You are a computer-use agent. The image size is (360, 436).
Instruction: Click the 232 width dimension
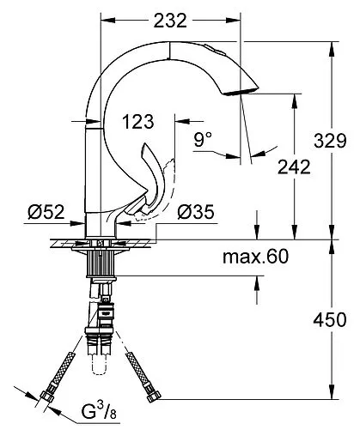point(170,21)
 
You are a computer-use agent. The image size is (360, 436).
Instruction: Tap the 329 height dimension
point(330,141)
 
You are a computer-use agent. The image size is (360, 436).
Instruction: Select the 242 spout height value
point(294,167)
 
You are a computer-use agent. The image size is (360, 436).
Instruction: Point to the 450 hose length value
point(330,320)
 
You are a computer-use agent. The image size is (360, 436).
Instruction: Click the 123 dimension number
point(138,121)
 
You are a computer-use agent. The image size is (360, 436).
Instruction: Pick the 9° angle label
point(203,139)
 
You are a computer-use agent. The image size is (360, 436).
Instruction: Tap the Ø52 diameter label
point(46,212)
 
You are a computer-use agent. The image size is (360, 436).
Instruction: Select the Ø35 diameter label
point(196,212)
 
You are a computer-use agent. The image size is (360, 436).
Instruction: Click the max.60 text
point(256,257)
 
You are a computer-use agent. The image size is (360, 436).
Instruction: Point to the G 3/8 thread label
point(99,412)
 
